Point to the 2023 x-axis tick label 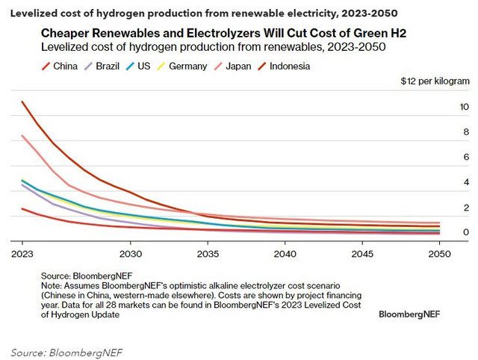(x=22, y=254)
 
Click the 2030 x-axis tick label (x=131, y=254)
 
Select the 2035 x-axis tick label (x=208, y=254)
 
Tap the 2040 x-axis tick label (x=285, y=254)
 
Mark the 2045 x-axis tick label (x=363, y=254)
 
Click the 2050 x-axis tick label (x=440, y=254)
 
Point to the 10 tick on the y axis (x=464, y=108)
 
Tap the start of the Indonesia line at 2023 (x=22, y=102)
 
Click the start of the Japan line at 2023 (x=22, y=135)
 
